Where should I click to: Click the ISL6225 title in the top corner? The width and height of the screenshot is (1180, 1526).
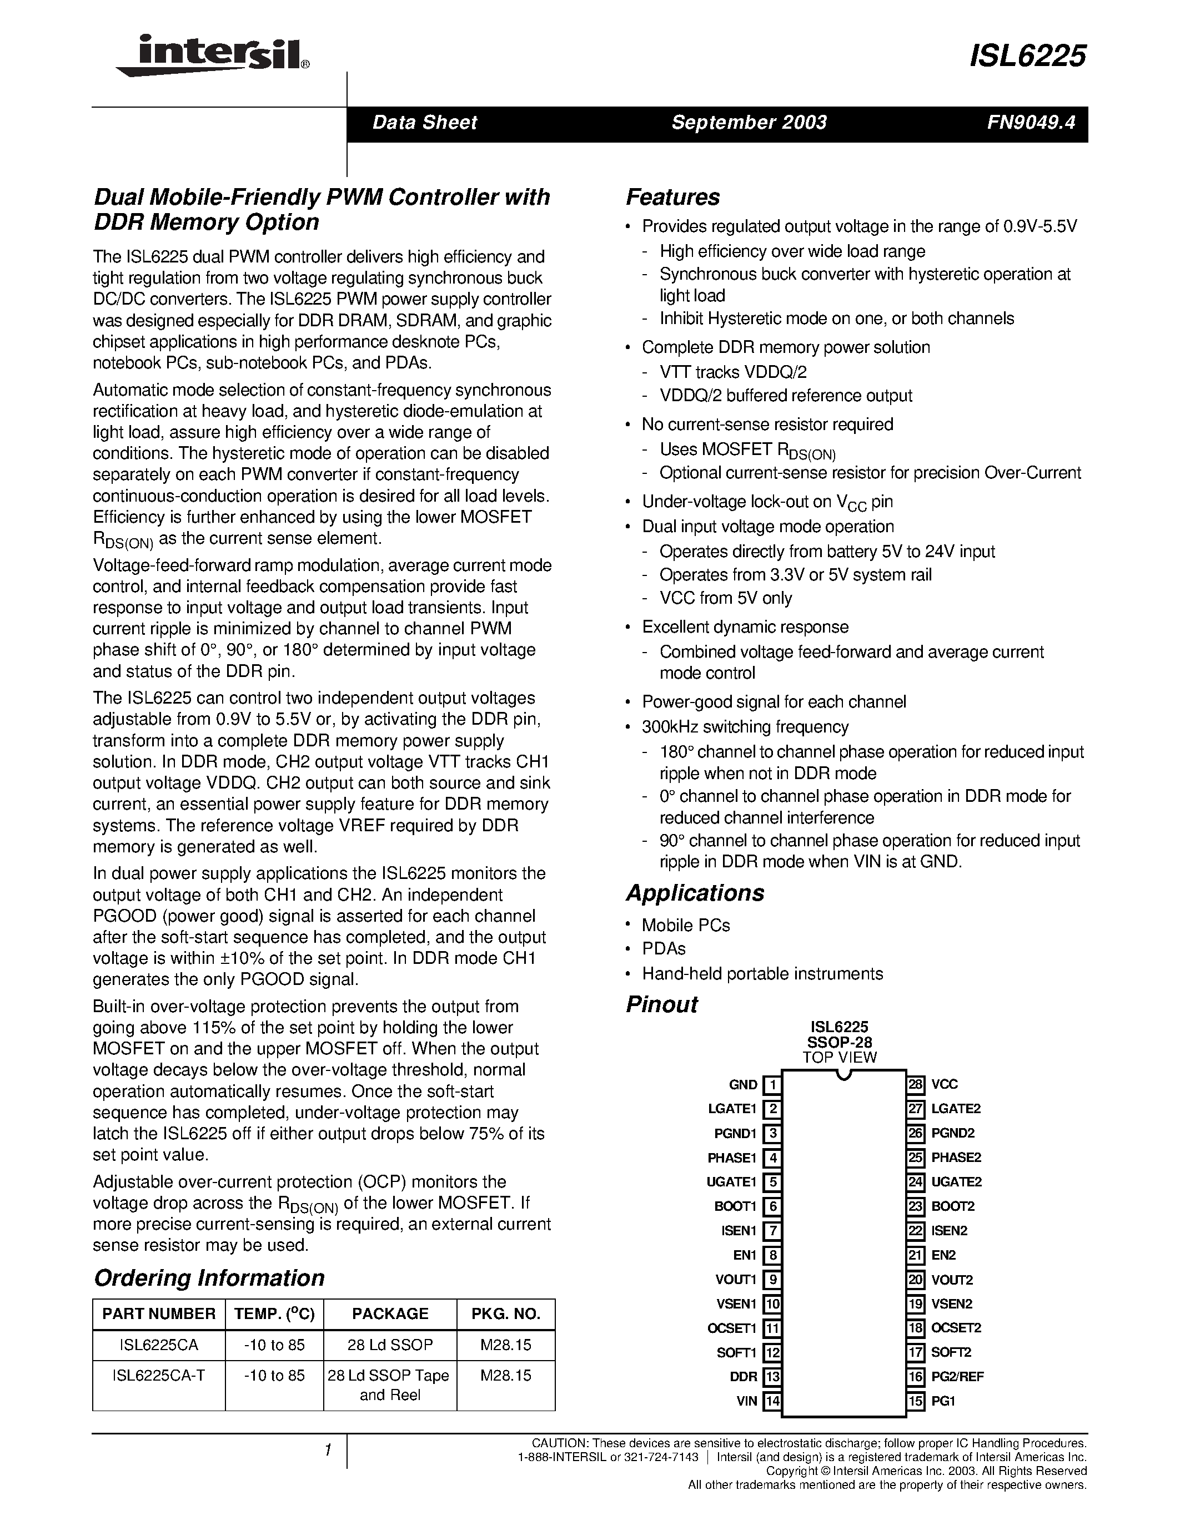pos(1028,56)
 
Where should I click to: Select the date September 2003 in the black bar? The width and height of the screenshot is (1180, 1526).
pos(749,123)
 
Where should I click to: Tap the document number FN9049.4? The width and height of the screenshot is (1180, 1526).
pos(1031,123)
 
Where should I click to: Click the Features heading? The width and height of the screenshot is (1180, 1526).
pos(672,197)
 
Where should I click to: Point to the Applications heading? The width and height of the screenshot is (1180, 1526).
pos(695,893)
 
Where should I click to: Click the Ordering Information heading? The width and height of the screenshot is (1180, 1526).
pos(209,1278)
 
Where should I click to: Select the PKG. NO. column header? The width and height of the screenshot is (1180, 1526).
pos(505,1313)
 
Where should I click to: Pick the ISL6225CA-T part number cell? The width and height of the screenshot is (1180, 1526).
pos(159,1375)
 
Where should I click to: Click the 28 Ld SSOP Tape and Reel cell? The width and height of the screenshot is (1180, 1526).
pos(389,1385)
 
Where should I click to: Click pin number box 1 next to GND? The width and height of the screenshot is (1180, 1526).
pos(772,1085)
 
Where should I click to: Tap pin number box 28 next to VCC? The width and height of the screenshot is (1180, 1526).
pos(916,1084)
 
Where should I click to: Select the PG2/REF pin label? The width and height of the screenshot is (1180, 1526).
pos(957,1377)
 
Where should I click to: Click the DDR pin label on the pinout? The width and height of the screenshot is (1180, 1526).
pos(743,1377)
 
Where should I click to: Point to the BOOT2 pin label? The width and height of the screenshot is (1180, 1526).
pos(953,1206)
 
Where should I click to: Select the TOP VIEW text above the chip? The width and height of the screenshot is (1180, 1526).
pos(839,1057)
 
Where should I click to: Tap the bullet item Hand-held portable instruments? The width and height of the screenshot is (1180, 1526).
pos(762,973)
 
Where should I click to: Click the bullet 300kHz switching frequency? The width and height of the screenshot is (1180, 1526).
pos(745,727)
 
